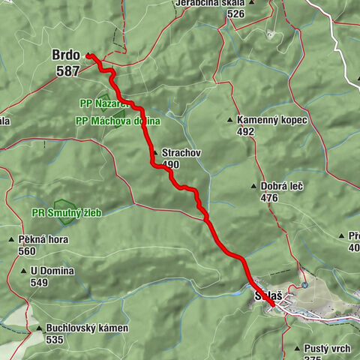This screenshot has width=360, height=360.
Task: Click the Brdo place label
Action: (66, 55)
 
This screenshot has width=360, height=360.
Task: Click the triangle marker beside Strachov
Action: (155, 152)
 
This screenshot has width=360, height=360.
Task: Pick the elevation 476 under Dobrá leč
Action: (268, 197)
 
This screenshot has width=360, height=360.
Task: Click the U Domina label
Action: (55, 271)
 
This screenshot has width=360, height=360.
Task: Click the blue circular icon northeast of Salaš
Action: (304, 286)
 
